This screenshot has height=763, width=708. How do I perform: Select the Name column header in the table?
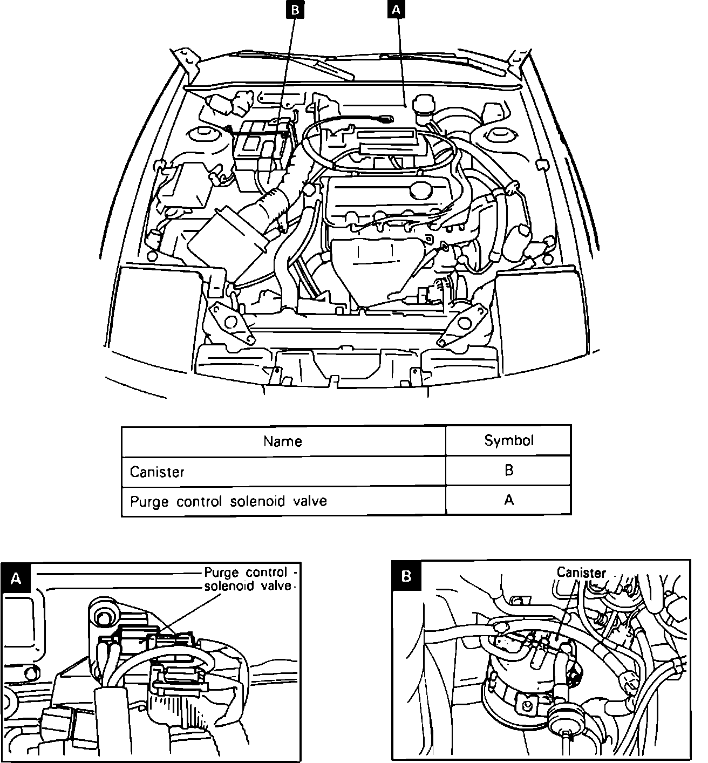coord(283,441)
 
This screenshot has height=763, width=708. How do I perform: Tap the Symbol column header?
coord(508,440)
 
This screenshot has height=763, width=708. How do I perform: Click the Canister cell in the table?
coord(157,472)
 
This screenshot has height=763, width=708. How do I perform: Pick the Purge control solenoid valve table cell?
coord(228,501)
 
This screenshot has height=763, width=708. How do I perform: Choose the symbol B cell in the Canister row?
coord(508,470)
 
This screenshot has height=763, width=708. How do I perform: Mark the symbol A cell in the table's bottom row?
coord(508,500)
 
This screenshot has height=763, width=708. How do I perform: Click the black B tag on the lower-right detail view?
coord(406,576)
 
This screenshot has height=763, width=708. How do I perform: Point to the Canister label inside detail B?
coord(581,573)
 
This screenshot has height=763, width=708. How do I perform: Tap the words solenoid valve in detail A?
coord(248,586)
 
